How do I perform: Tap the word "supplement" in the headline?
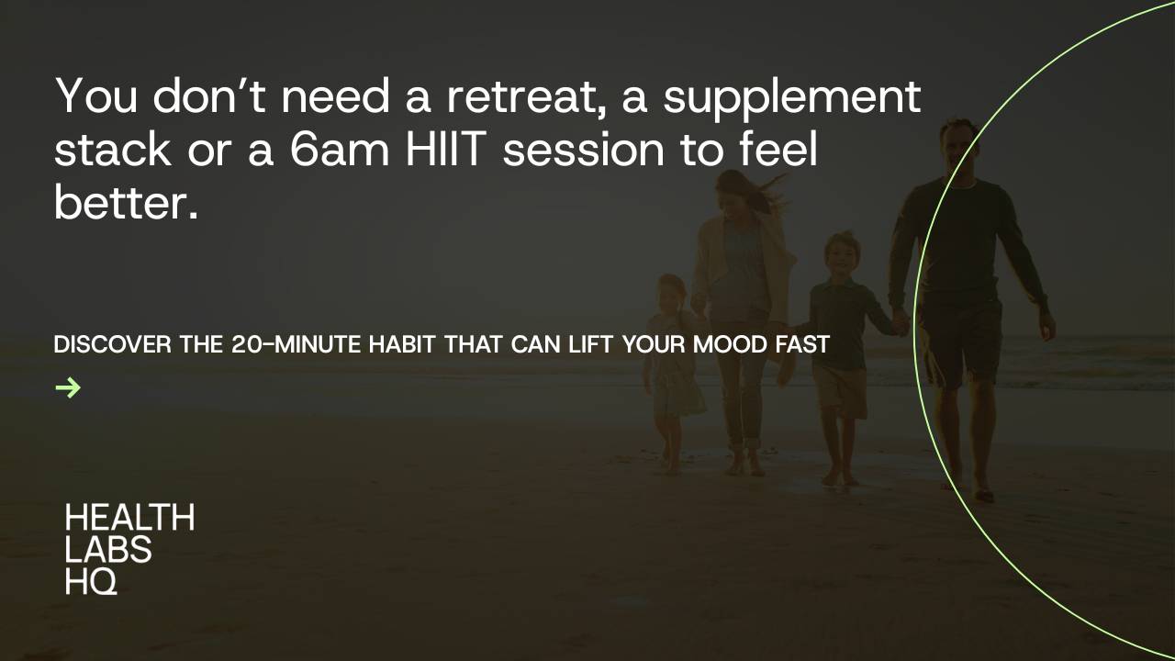(x=791, y=98)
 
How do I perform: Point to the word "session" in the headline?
(x=584, y=150)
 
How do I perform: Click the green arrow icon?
(x=68, y=388)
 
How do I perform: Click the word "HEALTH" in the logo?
(x=129, y=518)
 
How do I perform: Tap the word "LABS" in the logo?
(x=108, y=549)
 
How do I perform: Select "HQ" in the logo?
(x=91, y=580)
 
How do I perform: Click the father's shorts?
(x=960, y=340)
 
